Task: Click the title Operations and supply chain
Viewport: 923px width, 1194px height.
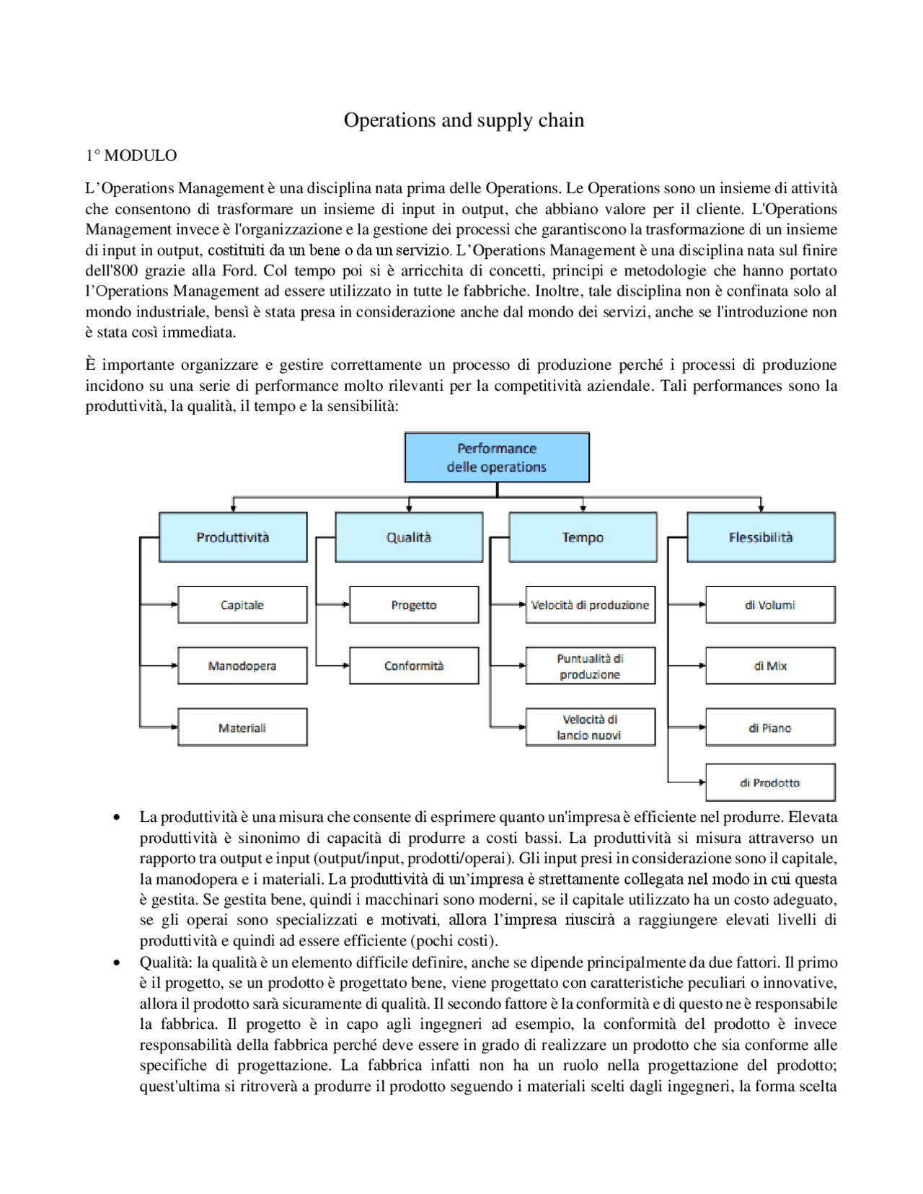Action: [x=464, y=120]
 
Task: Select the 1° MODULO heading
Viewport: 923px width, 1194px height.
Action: [x=131, y=156]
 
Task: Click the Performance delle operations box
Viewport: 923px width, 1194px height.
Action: [x=497, y=458]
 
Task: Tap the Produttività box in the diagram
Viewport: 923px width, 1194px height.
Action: [x=233, y=537]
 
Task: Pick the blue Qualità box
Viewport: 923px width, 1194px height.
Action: [x=409, y=537]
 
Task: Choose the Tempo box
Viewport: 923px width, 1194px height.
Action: [x=583, y=537]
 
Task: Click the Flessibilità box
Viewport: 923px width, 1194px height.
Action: [x=761, y=537]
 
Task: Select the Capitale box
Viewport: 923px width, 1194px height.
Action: [x=242, y=605]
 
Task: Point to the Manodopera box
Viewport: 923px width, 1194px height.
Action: [x=242, y=665]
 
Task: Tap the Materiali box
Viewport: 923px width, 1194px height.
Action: [x=242, y=728]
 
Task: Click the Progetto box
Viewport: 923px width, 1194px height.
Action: [x=414, y=605]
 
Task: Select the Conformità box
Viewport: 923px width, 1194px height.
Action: [x=414, y=665]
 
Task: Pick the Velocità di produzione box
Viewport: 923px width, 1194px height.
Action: [x=590, y=605]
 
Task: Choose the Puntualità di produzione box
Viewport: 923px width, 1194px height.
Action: [x=590, y=666]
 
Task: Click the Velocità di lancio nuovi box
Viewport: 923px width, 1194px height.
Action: [x=590, y=728]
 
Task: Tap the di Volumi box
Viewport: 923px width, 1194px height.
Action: [x=770, y=605]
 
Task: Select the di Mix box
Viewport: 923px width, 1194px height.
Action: [x=770, y=665]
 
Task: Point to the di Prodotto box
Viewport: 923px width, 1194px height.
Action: [x=770, y=782]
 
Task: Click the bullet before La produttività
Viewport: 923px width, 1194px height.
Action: [x=117, y=818]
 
